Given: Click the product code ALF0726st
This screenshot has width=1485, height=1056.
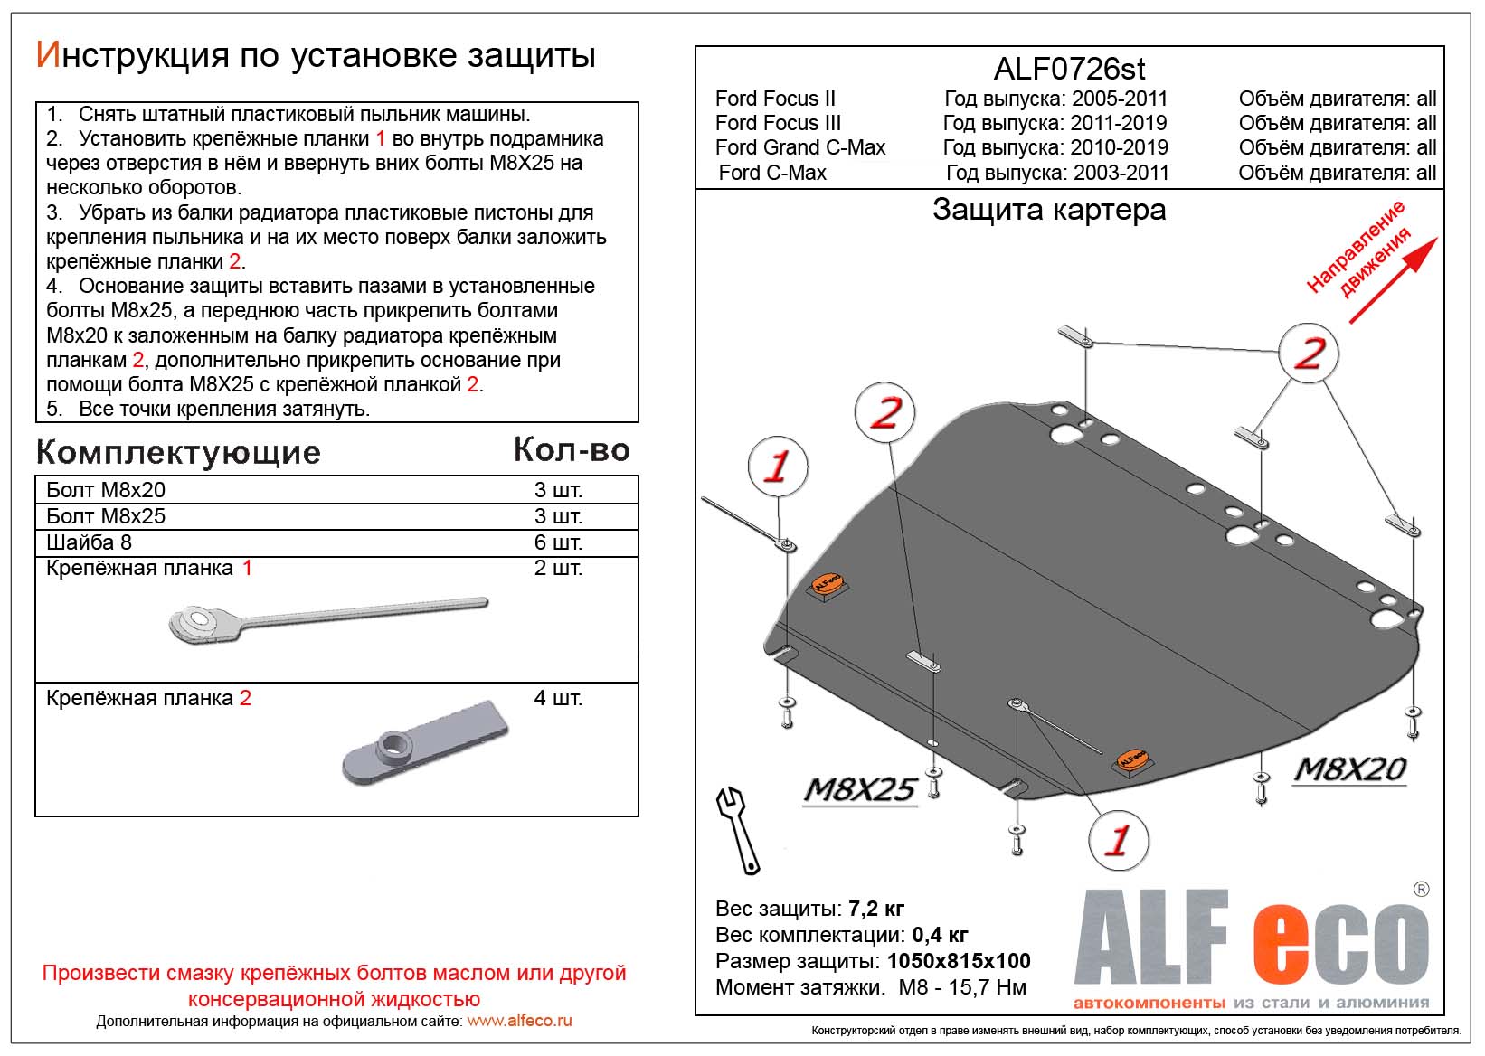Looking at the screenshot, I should pos(1069,69).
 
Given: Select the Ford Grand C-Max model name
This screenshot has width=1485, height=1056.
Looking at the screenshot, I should pos(799,147).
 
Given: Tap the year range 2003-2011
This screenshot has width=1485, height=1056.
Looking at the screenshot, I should pos(1121,173).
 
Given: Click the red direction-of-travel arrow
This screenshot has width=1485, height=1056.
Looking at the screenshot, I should pos(1393,279).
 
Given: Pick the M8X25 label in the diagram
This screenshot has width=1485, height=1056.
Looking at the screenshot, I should pos(860,790).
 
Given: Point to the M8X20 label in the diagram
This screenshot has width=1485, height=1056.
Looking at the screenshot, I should pos(1350,769).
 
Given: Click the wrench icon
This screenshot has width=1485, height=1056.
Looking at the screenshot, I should pos(738,829).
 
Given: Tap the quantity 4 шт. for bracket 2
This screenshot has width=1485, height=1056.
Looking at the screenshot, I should pos(558,698).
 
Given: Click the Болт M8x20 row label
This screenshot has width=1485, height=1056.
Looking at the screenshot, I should pos(106,490).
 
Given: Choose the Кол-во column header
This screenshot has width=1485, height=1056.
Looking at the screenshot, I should pos(572,450).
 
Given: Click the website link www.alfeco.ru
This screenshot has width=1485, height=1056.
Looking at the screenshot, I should pos(519,1021).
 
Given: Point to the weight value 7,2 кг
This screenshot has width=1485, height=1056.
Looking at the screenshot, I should pos(875,909).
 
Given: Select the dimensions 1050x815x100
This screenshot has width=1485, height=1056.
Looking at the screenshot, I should pos(959,961).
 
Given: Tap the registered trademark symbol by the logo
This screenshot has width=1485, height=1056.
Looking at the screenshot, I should pos(1421,890).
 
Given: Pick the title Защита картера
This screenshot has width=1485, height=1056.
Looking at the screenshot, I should pos(1049,210).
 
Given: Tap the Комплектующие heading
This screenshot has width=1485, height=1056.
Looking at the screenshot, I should pos(178,452).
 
